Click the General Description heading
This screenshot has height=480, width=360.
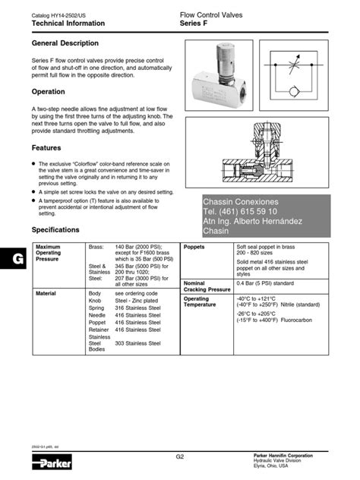(x=65, y=43)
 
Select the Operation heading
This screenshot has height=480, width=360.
(x=49, y=90)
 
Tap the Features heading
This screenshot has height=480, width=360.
(x=46, y=147)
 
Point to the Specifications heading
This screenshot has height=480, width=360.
(x=55, y=229)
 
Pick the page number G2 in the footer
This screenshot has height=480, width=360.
(x=180, y=457)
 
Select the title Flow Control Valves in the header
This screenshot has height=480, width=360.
(x=211, y=15)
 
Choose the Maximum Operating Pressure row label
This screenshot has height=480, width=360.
(x=49, y=253)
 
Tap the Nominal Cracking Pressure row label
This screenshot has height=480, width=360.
(x=207, y=286)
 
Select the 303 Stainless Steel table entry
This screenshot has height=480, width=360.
(x=138, y=343)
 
